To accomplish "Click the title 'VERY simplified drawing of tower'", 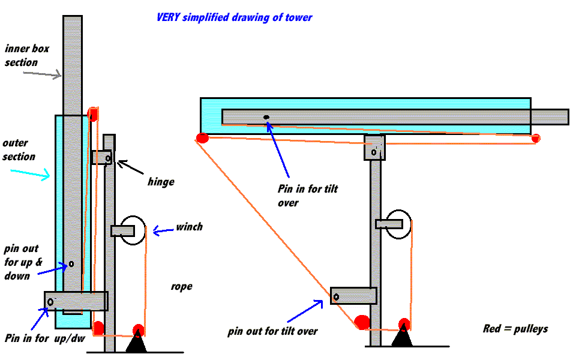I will (234, 17).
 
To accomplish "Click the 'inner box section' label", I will (21, 55).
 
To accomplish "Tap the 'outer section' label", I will (19, 150).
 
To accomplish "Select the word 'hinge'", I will (161, 181).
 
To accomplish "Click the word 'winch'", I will (189, 227).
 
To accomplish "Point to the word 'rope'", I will (181, 286).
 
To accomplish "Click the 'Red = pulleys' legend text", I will (515, 329).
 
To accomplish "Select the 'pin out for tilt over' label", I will (272, 331).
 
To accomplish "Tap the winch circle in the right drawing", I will (398, 223).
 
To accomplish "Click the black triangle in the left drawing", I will (137, 343).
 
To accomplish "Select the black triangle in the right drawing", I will (403, 338).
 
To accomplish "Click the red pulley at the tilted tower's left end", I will (202, 138).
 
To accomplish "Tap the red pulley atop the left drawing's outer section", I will (93, 113).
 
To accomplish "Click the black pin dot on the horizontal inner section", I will (265, 117).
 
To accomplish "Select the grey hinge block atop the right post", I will (374, 148).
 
